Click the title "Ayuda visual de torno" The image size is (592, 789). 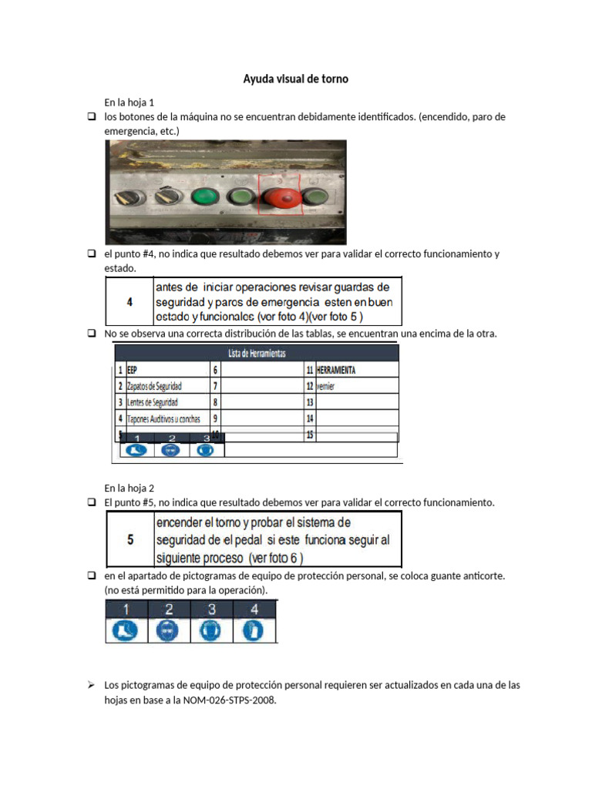pyautogui.click(x=296, y=79)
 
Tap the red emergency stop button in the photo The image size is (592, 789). pyautogui.click(x=283, y=198)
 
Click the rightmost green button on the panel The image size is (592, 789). pyautogui.click(x=317, y=200)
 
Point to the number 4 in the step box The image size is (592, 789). pyautogui.click(x=129, y=302)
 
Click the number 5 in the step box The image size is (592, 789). pyautogui.click(x=129, y=539)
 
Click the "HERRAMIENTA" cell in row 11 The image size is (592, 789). pyautogui.click(x=336, y=370)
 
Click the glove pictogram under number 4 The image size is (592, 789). pyautogui.click(x=257, y=631)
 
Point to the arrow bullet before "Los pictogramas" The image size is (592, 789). pyautogui.click(x=90, y=685)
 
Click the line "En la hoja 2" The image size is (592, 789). pyautogui.click(x=129, y=488)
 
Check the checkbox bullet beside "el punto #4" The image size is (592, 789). pyautogui.click(x=90, y=254)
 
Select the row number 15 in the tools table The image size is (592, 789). pyautogui.click(x=311, y=435)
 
